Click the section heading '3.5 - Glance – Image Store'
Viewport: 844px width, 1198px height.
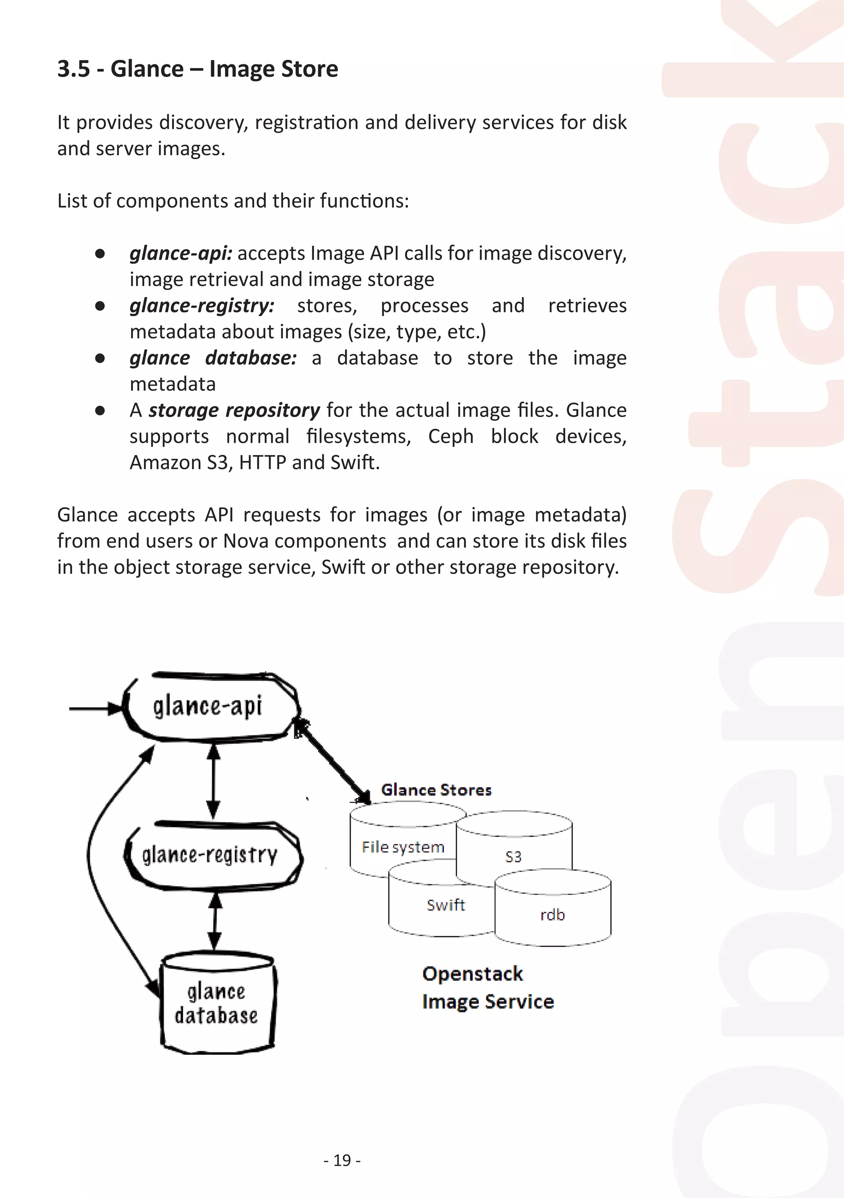(x=198, y=69)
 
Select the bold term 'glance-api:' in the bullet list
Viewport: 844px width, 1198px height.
(x=181, y=253)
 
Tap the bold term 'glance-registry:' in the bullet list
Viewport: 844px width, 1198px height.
(x=202, y=306)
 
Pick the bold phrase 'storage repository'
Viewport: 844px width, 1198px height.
(x=234, y=411)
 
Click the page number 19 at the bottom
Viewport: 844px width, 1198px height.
(x=342, y=1160)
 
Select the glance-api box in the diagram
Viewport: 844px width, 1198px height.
(x=209, y=707)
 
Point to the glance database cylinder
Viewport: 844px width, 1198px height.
(x=217, y=1004)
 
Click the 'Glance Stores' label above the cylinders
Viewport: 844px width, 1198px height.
(x=436, y=790)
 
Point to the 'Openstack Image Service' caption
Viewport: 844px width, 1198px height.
(x=487, y=988)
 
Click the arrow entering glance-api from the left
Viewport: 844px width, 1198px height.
(x=94, y=709)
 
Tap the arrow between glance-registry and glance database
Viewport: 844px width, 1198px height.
(x=215, y=921)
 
